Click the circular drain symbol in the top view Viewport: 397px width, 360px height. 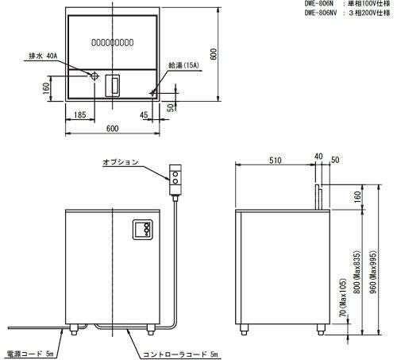[94, 76]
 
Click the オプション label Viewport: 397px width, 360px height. [120, 162]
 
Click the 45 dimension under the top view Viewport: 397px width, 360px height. [144, 115]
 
